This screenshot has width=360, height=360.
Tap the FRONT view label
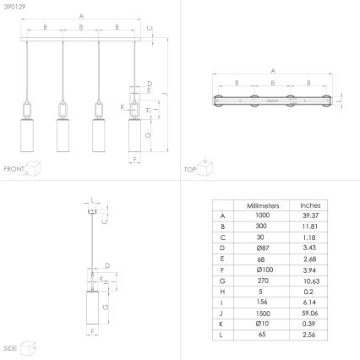pyautogui.click(x=14, y=169)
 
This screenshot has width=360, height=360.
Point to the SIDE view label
pyautogui.click(x=12, y=347)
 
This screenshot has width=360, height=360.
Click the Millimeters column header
pyautogui.click(x=262, y=205)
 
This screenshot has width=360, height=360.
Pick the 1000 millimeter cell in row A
pyautogui.click(x=262, y=216)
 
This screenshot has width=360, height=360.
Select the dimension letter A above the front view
pyautogui.click(x=81, y=16)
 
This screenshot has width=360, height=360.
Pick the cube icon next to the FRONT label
pyautogui.click(x=35, y=168)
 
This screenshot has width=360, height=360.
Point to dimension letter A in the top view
pyautogui.click(x=273, y=71)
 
